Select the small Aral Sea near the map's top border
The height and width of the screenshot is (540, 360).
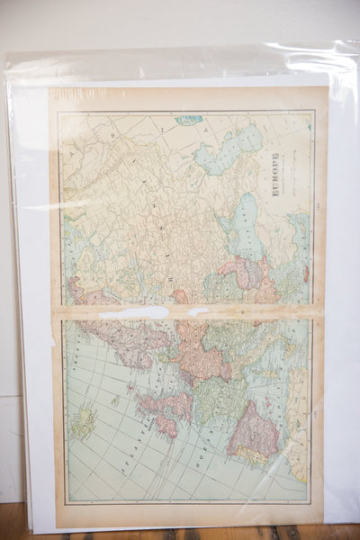pyautogui.click(x=190, y=120)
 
